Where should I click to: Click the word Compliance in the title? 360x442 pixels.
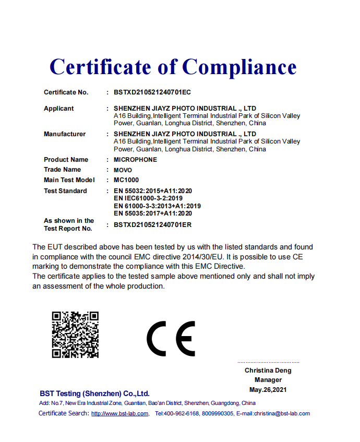click(239, 67)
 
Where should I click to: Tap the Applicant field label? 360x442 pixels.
click(58, 109)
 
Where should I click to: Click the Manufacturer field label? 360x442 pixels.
click(64, 134)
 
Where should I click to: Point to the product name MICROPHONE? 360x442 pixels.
click(135, 160)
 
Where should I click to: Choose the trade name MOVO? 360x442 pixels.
click(123, 170)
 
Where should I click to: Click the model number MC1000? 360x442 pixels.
click(126, 180)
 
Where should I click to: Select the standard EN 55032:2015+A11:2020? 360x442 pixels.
click(152, 191)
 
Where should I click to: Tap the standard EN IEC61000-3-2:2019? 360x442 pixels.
click(148, 198)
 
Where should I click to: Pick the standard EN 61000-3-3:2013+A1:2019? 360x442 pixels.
click(157, 206)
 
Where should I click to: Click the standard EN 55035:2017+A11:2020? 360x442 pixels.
click(152, 213)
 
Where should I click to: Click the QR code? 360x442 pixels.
click(75, 335)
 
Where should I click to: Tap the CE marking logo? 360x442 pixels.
click(170, 338)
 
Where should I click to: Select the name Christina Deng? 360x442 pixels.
click(268, 371)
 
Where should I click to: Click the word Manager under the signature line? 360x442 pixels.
click(268, 380)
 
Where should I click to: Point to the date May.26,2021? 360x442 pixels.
click(268, 390)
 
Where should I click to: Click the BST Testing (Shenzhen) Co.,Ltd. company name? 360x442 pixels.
click(94, 393)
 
